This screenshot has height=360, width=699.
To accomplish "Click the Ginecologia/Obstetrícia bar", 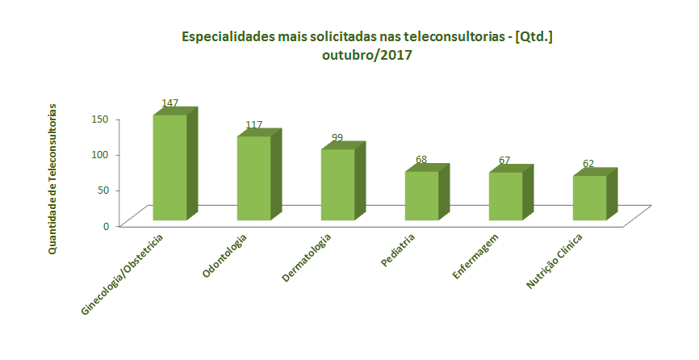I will coord(170,167).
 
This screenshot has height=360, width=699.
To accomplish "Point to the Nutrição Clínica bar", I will coord(589,198).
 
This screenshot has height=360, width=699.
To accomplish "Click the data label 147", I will coord(170,103).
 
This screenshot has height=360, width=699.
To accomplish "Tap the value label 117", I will coord(253,125).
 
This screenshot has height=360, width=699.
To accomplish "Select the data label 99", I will coord(337,138).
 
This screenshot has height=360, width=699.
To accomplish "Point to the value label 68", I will coord(421,160).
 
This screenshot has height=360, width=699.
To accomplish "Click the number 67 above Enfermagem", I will coord(504,161).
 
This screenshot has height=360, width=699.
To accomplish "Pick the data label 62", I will coord(588,164).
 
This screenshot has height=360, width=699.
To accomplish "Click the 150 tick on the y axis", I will coord(99,119).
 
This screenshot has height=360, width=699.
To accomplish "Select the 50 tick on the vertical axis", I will coord(102,190).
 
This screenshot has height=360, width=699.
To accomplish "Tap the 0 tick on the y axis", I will coord(106,225).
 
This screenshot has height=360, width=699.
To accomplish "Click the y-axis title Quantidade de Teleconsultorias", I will coord(52,179).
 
